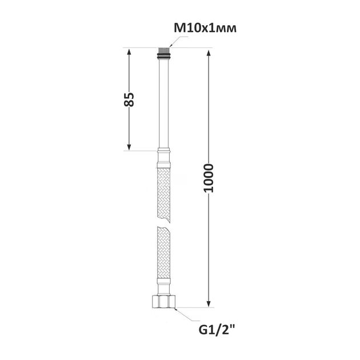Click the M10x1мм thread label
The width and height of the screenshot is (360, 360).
tap(205, 29)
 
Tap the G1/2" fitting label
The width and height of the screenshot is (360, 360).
tap(216, 330)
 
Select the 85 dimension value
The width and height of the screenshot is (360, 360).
tap(129, 99)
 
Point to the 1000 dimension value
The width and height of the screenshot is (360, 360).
tap(209, 178)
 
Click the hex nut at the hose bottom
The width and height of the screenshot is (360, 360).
tap(163, 302)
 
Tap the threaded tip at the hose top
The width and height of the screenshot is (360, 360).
tap(163, 50)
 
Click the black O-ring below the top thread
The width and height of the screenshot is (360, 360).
tap(163, 55)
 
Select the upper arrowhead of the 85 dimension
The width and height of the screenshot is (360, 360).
tap(129, 52)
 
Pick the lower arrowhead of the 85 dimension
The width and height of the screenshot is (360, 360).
tap(129, 147)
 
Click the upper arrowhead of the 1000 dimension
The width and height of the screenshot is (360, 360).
tap(209, 53)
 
